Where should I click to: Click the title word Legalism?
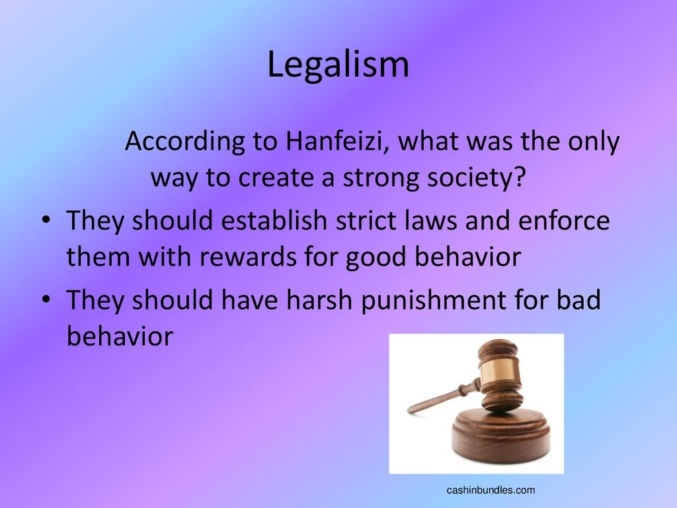click(338, 65)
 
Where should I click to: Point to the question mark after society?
click(520, 176)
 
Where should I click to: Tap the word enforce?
click(563, 220)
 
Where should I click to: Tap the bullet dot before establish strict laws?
click(46, 220)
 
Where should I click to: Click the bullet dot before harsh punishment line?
click(46, 299)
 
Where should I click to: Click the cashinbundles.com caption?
click(491, 490)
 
